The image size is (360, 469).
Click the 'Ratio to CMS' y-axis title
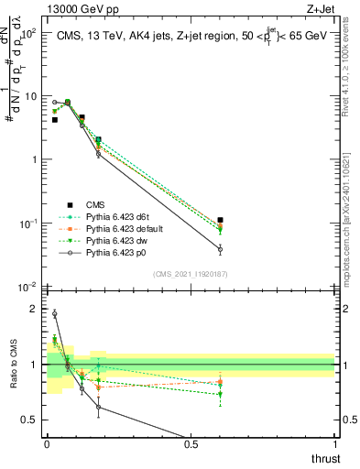12,366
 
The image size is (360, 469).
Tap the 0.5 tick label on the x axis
191,443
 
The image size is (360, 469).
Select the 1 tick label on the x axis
334,443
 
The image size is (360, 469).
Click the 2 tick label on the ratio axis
34,309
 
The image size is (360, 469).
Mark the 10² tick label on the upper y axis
29,32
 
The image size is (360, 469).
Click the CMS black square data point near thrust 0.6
220,220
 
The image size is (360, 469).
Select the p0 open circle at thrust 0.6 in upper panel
220,248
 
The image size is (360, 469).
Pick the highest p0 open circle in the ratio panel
54,313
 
